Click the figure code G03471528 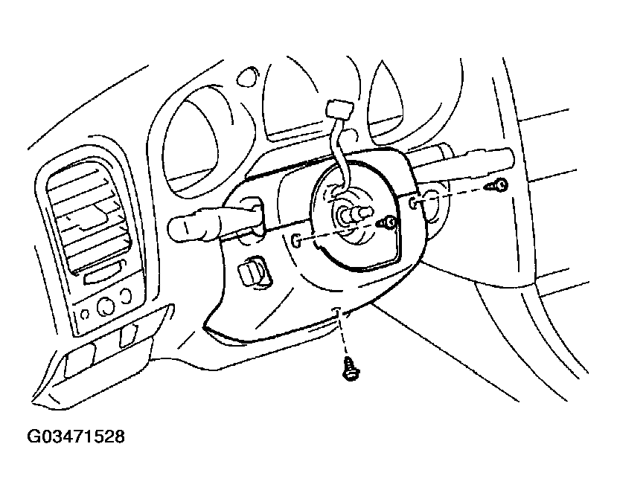[x=76, y=436]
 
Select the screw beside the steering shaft [x=387, y=223]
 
